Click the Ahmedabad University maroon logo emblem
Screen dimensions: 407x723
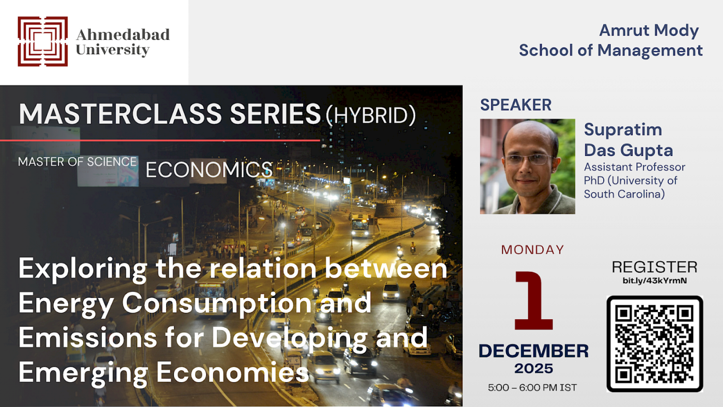(43, 41)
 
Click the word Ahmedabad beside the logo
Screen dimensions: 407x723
(123, 35)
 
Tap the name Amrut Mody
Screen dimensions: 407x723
(649, 30)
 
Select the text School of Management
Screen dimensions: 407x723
(610, 50)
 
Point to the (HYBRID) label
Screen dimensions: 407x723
(370, 116)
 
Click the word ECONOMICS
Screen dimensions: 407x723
(209, 170)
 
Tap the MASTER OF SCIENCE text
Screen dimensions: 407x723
(77, 162)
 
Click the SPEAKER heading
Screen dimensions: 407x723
(515, 105)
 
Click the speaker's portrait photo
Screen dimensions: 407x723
(527, 166)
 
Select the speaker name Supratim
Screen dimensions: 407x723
(623, 129)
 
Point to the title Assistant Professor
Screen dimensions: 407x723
(634, 167)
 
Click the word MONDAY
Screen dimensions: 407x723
(532, 249)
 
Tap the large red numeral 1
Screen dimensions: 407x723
(533, 300)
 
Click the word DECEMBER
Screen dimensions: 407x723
(533, 351)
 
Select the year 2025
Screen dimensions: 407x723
(533, 369)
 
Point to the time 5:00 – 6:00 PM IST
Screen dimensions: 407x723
(532, 387)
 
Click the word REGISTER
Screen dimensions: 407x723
(654, 267)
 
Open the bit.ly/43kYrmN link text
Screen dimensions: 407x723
(654, 281)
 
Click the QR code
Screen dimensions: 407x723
(654, 344)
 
